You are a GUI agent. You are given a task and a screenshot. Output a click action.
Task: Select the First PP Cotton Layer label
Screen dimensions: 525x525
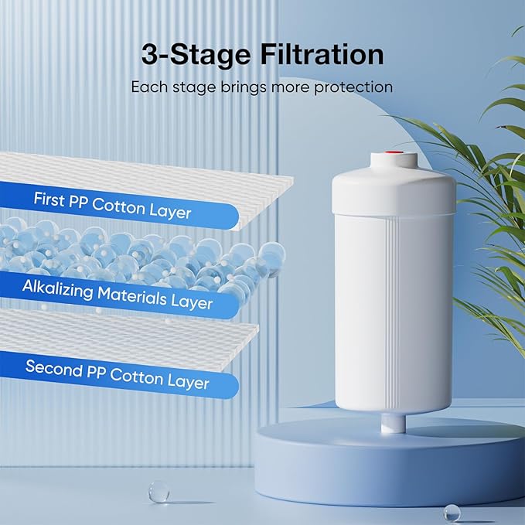[112, 205]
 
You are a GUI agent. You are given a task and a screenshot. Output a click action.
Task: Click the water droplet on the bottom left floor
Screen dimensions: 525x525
[158, 491]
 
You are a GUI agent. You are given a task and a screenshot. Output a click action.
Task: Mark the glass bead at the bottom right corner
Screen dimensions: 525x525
[452, 512]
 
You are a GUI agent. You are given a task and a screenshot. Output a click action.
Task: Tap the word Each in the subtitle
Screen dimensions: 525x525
[146, 87]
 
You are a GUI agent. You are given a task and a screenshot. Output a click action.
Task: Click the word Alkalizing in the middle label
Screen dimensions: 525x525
[60, 288]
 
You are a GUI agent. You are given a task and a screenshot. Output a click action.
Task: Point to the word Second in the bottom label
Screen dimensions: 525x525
[53, 366]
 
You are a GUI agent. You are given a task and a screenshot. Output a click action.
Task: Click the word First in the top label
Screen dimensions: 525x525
[49, 199]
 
